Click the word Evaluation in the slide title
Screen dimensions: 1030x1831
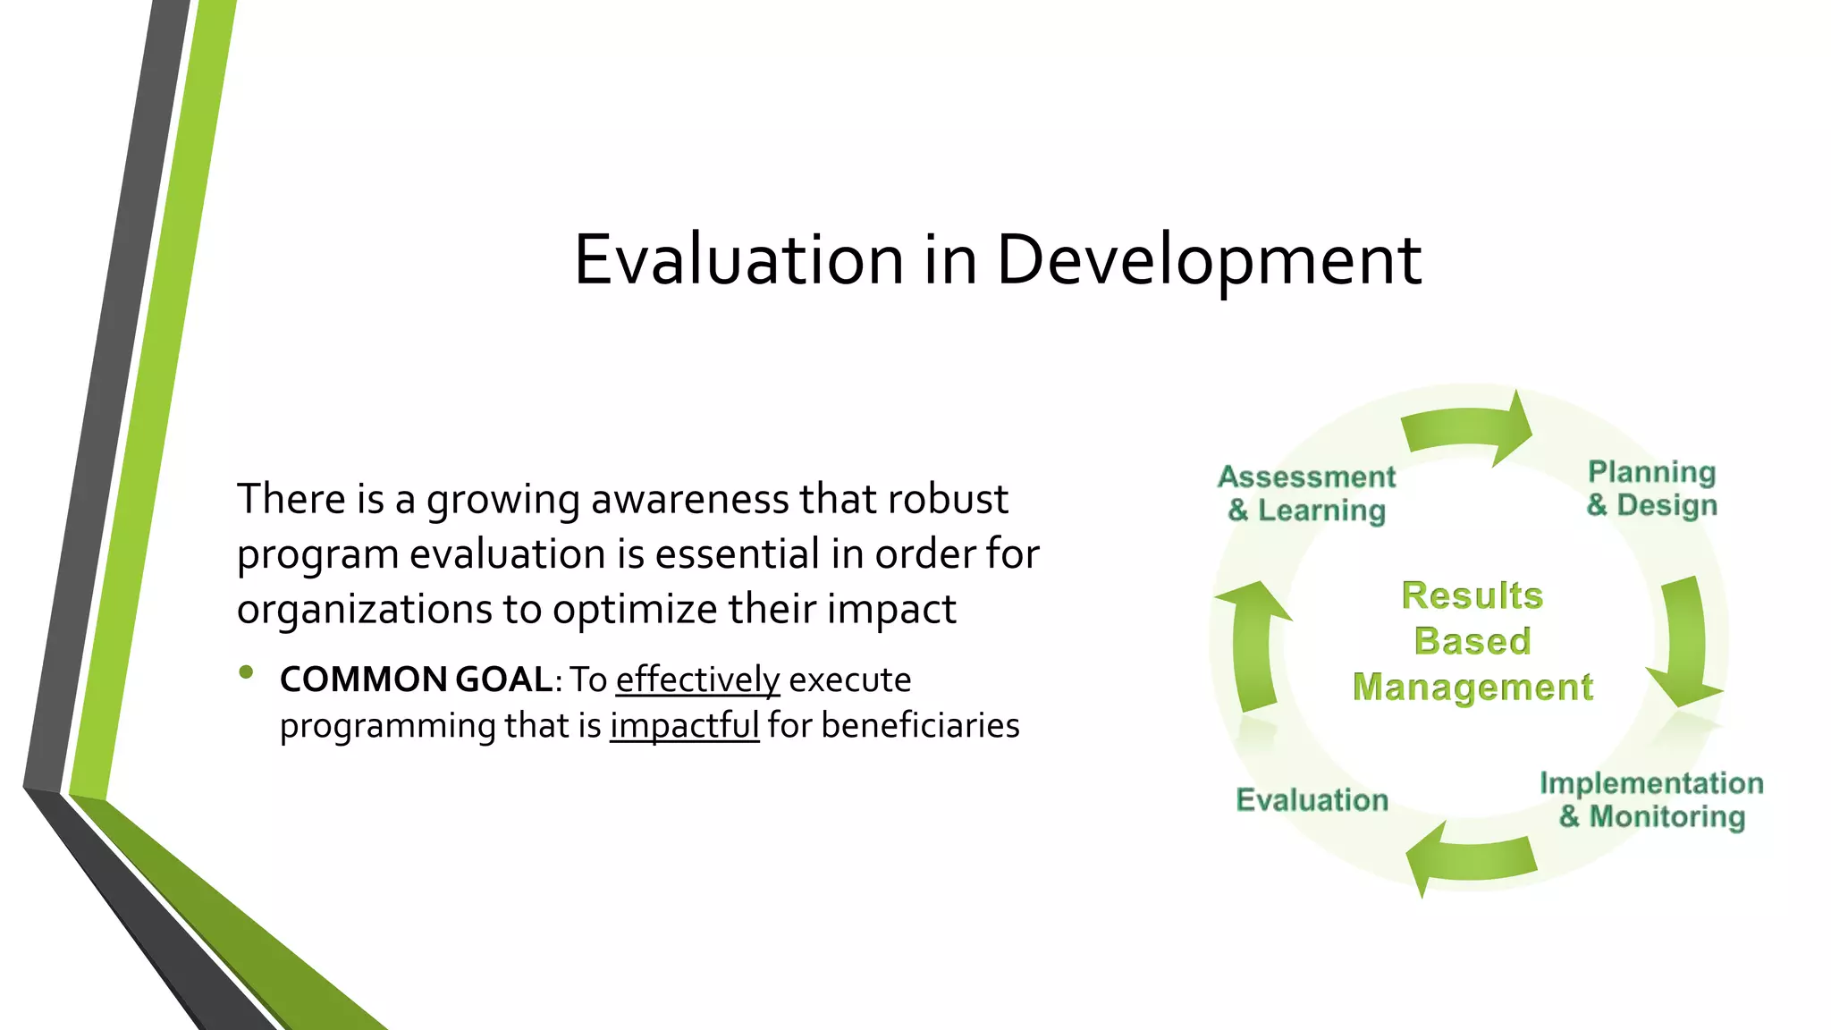738,259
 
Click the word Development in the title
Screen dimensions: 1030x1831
1208,259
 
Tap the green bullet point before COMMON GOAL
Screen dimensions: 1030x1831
248,672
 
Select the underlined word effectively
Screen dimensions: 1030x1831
697,680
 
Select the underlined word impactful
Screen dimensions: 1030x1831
684,725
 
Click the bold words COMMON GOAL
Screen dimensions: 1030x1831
416,680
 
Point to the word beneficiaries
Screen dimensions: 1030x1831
920,725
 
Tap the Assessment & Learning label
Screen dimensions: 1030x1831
1306,494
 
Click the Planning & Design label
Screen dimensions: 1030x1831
1651,488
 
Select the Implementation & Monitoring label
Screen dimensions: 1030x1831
1651,799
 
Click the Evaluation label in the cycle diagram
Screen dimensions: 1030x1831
1312,799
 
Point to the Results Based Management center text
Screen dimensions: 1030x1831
1472,641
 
